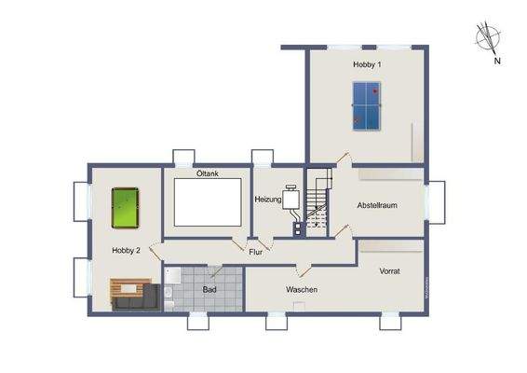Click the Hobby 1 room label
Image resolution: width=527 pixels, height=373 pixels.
(367, 64)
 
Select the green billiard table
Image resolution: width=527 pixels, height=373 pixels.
(124, 208)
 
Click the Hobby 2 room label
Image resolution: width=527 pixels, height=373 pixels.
(126, 250)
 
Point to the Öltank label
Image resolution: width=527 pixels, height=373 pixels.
(207, 174)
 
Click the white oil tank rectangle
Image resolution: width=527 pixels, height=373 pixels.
(207, 201)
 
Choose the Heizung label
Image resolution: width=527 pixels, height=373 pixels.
(270, 200)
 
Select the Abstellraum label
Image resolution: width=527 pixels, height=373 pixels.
(377, 205)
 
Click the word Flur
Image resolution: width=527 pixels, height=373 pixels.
(254, 252)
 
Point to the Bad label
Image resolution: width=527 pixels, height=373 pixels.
(210, 289)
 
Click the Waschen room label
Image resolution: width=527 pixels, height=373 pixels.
(302, 290)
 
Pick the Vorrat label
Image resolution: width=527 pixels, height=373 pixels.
(389, 270)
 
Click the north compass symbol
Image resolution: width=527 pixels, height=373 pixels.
(487, 38)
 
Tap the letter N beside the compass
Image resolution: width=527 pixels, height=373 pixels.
(498, 62)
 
